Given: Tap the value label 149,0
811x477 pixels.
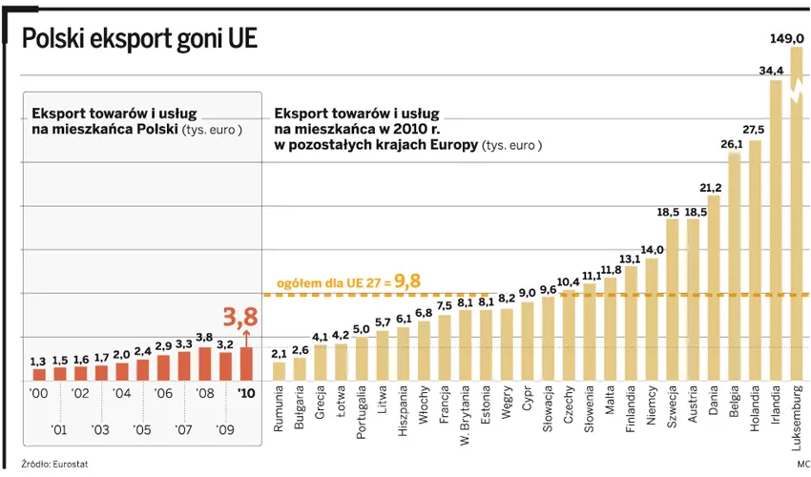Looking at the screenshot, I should pos(787,38).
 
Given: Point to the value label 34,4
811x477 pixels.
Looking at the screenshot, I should pos(772,71).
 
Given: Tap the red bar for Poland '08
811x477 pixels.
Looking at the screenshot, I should pos(204,363).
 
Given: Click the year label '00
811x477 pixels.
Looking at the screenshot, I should pos(38,393).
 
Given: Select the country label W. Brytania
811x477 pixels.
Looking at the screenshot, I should pos(466,415).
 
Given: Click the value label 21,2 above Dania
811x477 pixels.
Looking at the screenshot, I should pos(711,187).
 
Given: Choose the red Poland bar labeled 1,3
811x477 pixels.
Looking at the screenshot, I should pos(38,375).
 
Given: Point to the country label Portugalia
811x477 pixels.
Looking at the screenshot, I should pos(362,411).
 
